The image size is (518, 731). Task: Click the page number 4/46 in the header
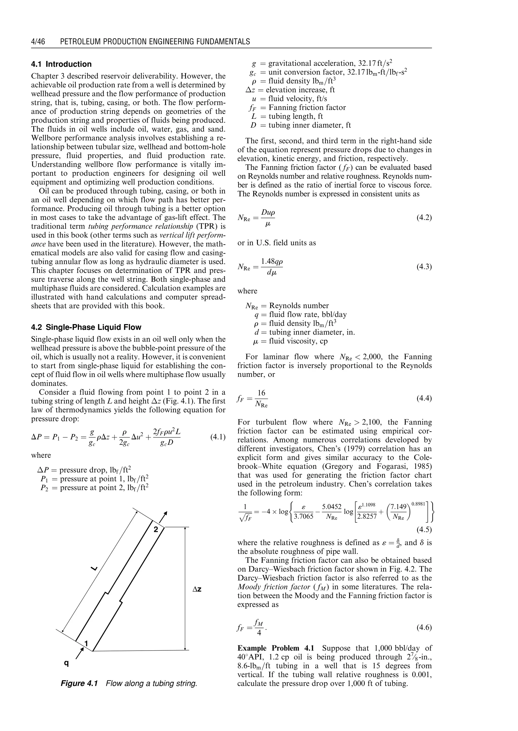38,41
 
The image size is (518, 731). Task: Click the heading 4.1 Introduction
61,64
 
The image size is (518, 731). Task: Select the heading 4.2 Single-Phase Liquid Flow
86,327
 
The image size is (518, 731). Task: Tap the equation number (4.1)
218,437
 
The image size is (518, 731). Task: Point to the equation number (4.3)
424,266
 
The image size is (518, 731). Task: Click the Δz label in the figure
197,589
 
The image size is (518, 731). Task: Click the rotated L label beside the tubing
94,568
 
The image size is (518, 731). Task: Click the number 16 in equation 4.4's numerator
261,393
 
